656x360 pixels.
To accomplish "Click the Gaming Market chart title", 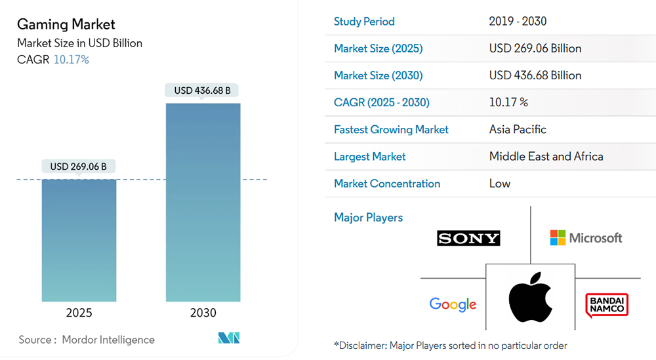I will (66, 24).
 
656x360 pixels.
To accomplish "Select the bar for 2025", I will (79, 239).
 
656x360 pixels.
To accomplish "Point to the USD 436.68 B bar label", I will (202, 90).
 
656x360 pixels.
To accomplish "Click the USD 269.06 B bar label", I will (78, 167).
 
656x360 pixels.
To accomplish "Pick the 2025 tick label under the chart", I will (79, 313).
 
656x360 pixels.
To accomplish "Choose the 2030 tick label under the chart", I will (203, 313).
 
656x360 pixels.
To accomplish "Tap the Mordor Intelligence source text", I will (108, 340).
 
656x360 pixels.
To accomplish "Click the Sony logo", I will (468, 238).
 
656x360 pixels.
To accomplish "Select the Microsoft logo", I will (586, 238).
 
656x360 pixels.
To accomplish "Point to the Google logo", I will (453, 304).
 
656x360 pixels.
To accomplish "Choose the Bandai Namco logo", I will (607, 305).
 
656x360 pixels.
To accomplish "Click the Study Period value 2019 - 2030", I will (518, 22).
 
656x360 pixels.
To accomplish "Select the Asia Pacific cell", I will (518, 130).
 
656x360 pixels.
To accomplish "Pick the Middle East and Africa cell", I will (546, 157).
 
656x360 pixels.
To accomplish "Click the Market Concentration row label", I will (387, 184).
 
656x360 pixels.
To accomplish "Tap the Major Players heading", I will (368, 218).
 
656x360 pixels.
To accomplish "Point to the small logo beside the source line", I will (229, 338).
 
